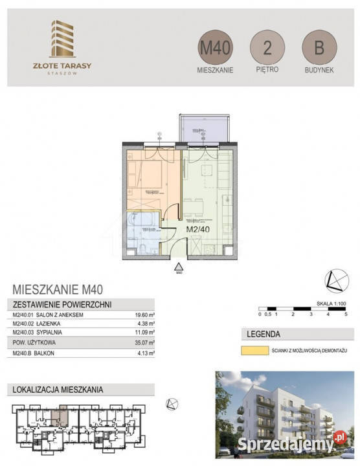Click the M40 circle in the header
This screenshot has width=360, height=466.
(216, 49)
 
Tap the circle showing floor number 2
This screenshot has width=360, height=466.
(267, 49)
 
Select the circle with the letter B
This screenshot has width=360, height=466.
(319, 49)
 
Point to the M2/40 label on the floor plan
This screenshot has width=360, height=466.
(198, 228)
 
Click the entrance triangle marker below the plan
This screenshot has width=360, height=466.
(179, 266)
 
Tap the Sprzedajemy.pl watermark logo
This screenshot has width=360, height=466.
(310, 443)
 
